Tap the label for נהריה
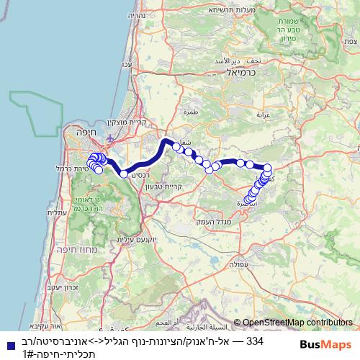click(139, 15)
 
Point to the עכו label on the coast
click(127, 66)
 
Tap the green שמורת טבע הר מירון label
click(339, 29)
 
